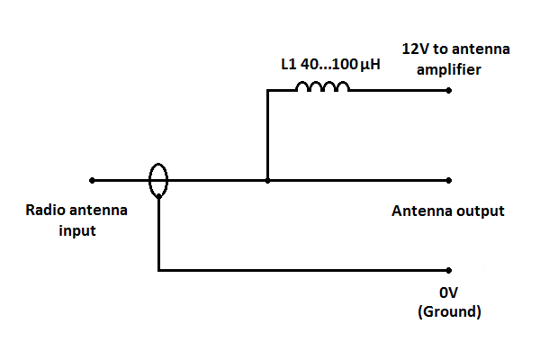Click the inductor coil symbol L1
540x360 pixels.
point(322,87)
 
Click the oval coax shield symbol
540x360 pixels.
point(157,179)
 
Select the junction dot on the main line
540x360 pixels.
point(267,180)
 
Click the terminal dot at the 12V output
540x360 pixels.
point(447,90)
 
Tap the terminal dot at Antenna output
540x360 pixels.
point(447,180)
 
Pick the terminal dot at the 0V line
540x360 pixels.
point(447,270)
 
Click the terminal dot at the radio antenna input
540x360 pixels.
point(91,180)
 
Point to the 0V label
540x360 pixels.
point(448,293)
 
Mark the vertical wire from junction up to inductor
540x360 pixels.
point(267,135)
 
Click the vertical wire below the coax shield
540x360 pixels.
point(158,234)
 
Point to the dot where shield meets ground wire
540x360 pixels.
point(158,196)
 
